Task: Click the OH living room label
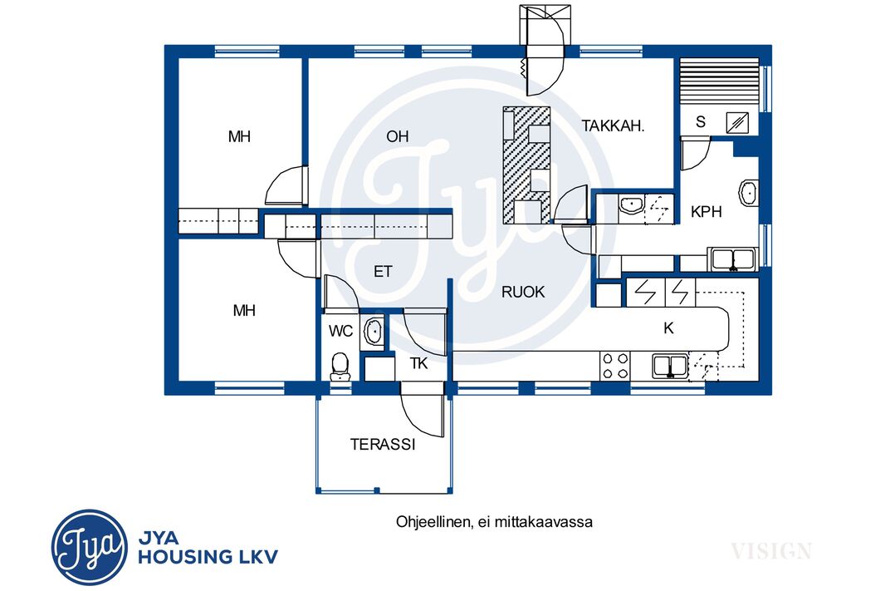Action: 398,136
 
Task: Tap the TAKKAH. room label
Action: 613,126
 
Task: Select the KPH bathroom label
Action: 706,211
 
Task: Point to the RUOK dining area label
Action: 523,292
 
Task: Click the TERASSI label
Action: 383,444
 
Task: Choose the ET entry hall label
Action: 383,272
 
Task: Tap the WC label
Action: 340,331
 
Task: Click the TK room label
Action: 418,363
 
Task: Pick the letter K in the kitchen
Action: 669,328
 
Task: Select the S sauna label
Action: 701,121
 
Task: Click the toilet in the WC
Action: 340,366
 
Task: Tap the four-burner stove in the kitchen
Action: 614,366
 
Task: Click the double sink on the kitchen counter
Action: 670,366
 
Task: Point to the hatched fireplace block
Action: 526,165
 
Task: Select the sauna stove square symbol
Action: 737,122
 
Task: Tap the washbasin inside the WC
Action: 374,331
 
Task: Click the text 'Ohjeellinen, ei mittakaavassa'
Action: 494,521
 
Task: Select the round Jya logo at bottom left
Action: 89,548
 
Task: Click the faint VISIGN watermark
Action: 771,550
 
